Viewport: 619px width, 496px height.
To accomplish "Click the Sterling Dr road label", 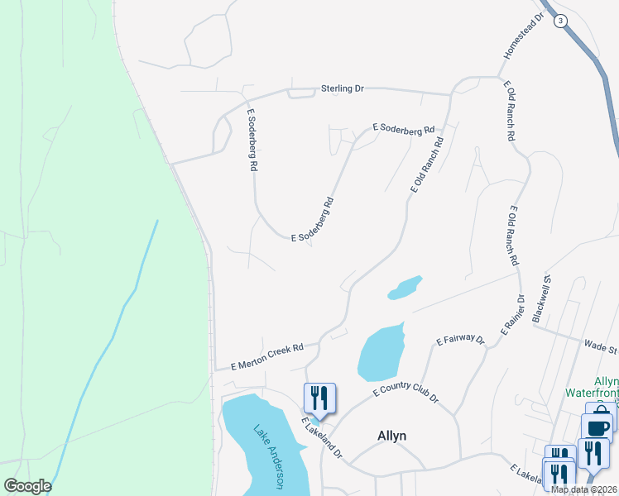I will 342,88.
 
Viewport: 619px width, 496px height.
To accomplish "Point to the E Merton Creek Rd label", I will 267,355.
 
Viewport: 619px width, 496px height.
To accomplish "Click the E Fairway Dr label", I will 460,340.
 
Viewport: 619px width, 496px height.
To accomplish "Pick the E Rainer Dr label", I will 511,315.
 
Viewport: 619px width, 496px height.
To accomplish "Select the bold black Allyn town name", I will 391,436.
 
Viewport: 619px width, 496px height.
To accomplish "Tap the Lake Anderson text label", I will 271,459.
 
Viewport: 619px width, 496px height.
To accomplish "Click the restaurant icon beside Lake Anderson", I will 319,398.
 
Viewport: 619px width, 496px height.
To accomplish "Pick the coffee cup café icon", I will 597,428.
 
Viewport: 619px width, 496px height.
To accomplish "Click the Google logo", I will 27,486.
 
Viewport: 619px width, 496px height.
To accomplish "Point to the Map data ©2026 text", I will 583,489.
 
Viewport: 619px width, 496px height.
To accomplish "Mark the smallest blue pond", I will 405,288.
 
